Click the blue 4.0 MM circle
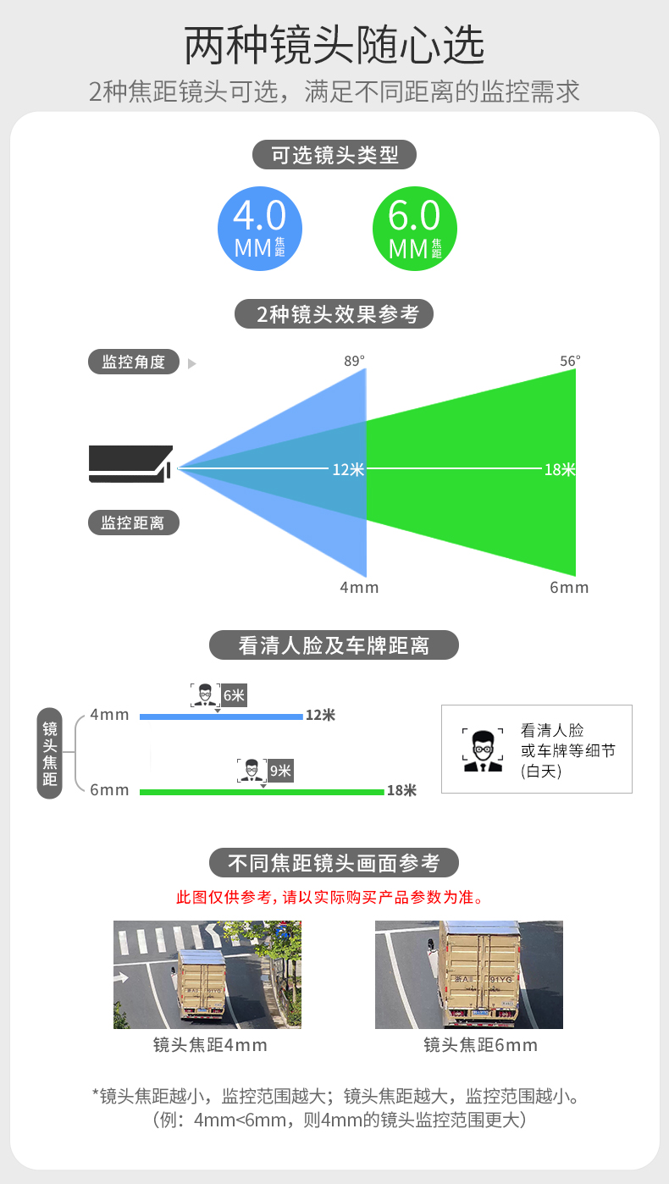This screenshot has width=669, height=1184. click(x=259, y=230)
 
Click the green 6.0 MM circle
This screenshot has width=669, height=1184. click(x=414, y=230)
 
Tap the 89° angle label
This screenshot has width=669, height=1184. click(x=355, y=361)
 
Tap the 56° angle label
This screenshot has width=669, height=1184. click(x=571, y=361)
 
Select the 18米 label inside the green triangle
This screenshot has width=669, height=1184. click(x=560, y=468)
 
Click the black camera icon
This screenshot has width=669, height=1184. click(x=131, y=464)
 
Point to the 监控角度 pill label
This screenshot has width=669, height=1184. click(x=134, y=362)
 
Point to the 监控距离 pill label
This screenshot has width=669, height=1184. click(x=134, y=523)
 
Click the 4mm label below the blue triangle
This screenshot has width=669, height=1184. click(x=359, y=588)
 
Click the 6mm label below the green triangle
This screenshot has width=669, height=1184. click(x=569, y=588)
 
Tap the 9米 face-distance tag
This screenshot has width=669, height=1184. click(x=280, y=771)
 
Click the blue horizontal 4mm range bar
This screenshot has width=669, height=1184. click(x=220, y=716)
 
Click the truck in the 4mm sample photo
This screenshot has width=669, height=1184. click(x=202, y=982)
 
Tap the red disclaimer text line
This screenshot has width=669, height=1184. click(x=334, y=898)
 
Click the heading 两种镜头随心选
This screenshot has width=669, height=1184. click(x=334, y=46)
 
